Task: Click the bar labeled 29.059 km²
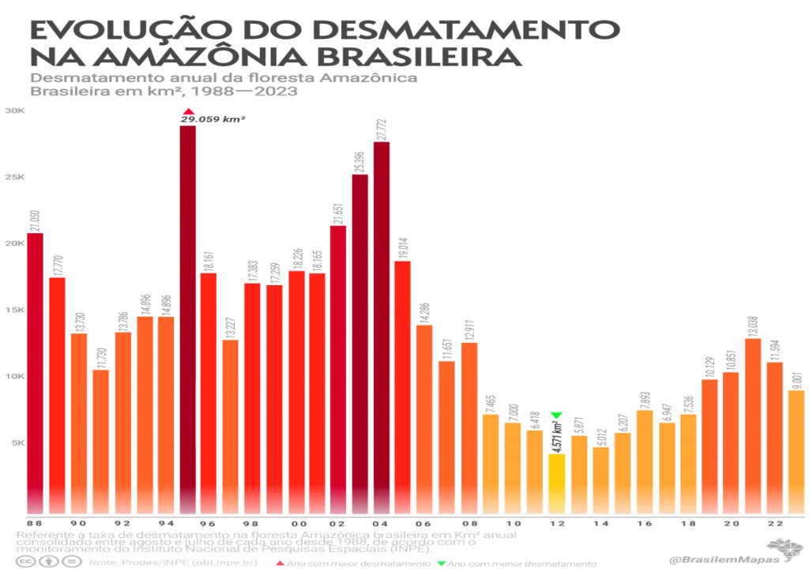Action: pos(187,316)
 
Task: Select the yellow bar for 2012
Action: pos(557,482)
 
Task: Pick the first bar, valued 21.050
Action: pos(35,371)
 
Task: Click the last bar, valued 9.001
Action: pos(796,450)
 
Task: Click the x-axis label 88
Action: pos(35,524)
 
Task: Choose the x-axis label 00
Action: pos(297,524)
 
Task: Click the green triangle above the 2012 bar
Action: pos(556,416)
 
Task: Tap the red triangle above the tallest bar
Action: pos(187,111)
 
